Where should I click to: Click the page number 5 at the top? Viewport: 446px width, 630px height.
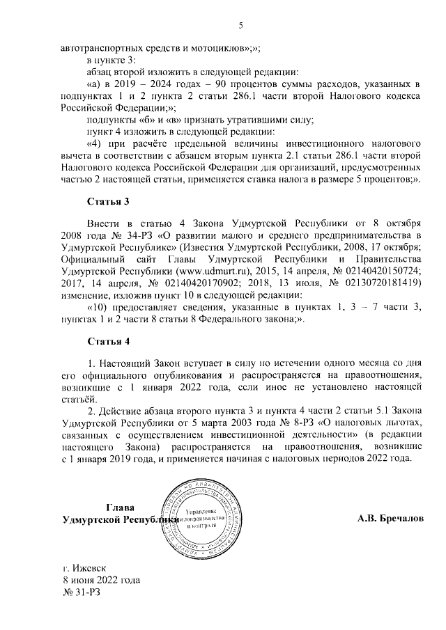pos(240,26)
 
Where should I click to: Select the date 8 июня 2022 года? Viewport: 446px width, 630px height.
pos(101,579)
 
